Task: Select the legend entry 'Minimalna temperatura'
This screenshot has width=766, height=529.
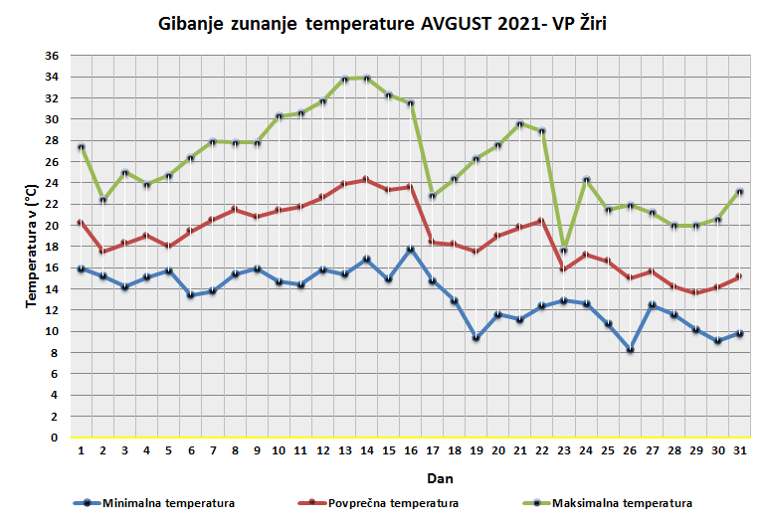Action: tap(168, 503)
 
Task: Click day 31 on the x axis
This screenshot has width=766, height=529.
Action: tap(739, 451)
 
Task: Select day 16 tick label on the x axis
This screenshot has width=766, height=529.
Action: tap(411, 451)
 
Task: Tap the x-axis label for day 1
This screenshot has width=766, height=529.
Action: tap(82, 451)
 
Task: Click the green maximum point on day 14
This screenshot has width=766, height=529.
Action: tap(367, 78)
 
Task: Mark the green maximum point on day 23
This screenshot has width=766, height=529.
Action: tap(564, 250)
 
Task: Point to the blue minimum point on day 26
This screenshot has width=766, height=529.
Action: tap(630, 349)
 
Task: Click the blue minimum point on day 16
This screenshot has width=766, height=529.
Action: tap(411, 250)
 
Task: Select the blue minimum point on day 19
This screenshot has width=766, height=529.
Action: tap(477, 338)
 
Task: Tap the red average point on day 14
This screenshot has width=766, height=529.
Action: tap(367, 180)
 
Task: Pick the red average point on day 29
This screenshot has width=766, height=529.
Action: tap(695, 293)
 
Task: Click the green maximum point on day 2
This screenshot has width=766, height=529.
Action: tap(103, 201)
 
